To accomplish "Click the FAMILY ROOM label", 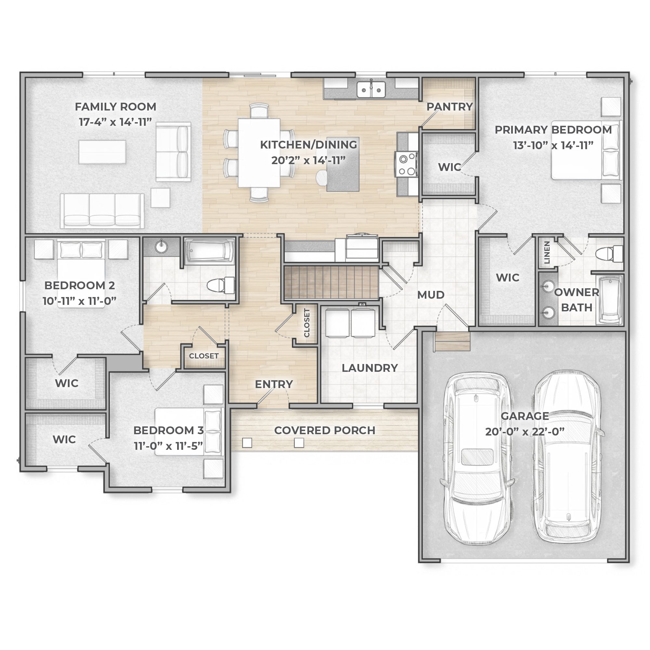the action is point(115,107).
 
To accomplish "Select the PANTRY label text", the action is point(450,107).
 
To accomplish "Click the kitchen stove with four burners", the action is point(407,164).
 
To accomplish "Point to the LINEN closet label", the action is point(547,253).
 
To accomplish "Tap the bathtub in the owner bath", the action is point(610,300).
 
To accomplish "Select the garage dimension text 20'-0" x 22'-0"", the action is point(525,432).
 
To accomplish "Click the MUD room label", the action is point(431,295).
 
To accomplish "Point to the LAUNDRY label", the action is point(370,368).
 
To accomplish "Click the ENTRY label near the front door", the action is point(274,384).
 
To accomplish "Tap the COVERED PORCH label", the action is point(325,430).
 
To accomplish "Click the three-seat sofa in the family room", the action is point(102,210).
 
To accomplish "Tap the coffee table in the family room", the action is point(102,152).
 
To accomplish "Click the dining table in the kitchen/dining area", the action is point(259,153).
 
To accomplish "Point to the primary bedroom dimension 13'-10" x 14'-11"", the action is point(553,145).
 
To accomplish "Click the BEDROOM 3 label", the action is point(169,430).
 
